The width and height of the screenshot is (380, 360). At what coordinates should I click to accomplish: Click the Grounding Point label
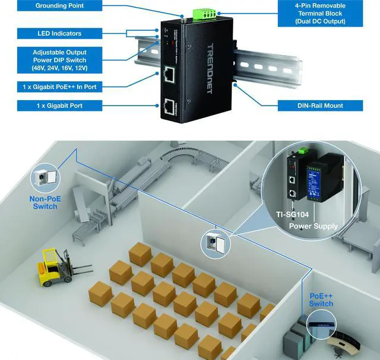tap(59, 6)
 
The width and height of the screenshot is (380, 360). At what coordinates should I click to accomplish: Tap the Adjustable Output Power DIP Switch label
tap(59, 60)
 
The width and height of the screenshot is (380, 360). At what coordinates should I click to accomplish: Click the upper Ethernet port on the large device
tap(168, 75)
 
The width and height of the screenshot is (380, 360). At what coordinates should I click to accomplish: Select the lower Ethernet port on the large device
tap(168, 107)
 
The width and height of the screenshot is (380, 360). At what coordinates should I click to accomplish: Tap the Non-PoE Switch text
tap(45, 203)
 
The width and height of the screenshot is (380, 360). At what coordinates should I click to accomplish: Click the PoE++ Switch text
tap(321, 300)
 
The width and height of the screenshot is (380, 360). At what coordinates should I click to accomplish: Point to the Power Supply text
tap(313, 226)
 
